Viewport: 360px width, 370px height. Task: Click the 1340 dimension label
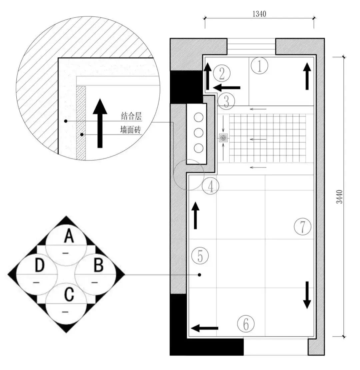[259, 14]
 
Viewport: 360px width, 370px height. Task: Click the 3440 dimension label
[339, 197]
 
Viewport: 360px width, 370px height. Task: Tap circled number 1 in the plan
[259, 65]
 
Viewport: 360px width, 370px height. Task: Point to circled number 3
[226, 101]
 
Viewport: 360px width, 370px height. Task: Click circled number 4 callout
[211, 186]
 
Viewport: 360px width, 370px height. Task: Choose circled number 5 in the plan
[200, 256]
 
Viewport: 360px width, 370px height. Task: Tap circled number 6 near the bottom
[246, 324]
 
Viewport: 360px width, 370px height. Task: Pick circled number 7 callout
[302, 227]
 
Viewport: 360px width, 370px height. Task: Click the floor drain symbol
[223, 138]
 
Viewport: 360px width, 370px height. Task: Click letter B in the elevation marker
[99, 265]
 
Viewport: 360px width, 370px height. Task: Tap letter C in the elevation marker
[69, 294]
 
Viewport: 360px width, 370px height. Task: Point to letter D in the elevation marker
[39, 265]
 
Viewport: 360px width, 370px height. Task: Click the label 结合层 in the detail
[131, 116]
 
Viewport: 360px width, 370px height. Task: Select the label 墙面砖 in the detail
[130, 129]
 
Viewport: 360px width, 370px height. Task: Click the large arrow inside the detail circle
[100, 123]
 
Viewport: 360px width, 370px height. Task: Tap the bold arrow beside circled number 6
[204, 328]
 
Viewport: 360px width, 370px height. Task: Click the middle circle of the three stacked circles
[199, 133]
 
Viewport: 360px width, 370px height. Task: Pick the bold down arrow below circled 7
[307, 295]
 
